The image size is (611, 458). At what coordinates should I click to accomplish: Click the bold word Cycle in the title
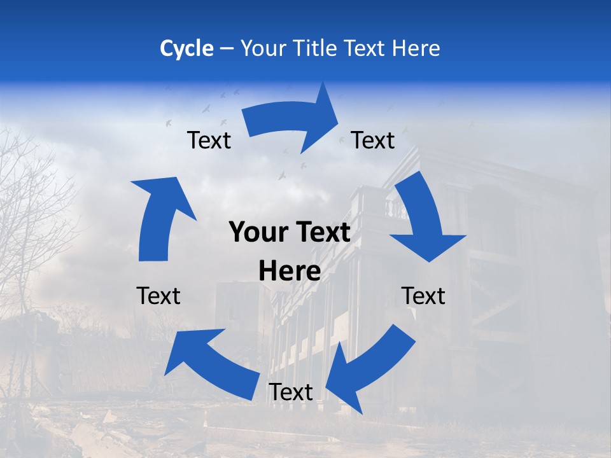pyautogui.click(x=186, y=48)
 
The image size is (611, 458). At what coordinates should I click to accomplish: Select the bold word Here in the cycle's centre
pyautogui.click(x=290, y=272)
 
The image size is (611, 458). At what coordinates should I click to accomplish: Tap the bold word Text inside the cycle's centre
pyautogui.click(x=320, y=233)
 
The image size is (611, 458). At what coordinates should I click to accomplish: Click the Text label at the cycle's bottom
pyautogui.click(x=291, y=392)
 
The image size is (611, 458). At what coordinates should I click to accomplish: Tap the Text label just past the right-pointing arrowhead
pyautogui.click(x=373, y=140)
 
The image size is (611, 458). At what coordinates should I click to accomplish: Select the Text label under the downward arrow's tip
pyautogui.click(x=423, y=296)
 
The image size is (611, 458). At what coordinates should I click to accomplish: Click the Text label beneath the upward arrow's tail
pyautogui.click(x=158, y=296)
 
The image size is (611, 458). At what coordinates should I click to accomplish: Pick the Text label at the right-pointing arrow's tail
pyautogui.click(x=209, y=140)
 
